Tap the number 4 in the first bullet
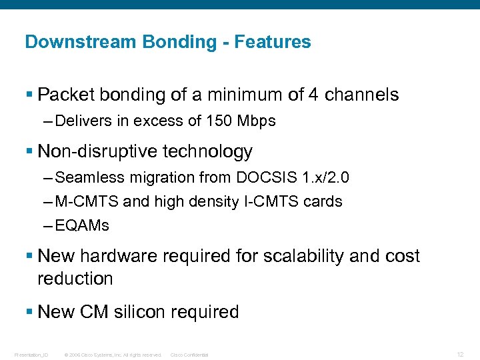[x=313, y=95]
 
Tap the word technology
[x=213, y=152]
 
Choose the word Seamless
[x=83, y=178]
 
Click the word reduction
[x=75, y=279]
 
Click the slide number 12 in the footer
[x=461, y=353]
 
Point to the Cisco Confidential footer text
[x=189, y=355]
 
